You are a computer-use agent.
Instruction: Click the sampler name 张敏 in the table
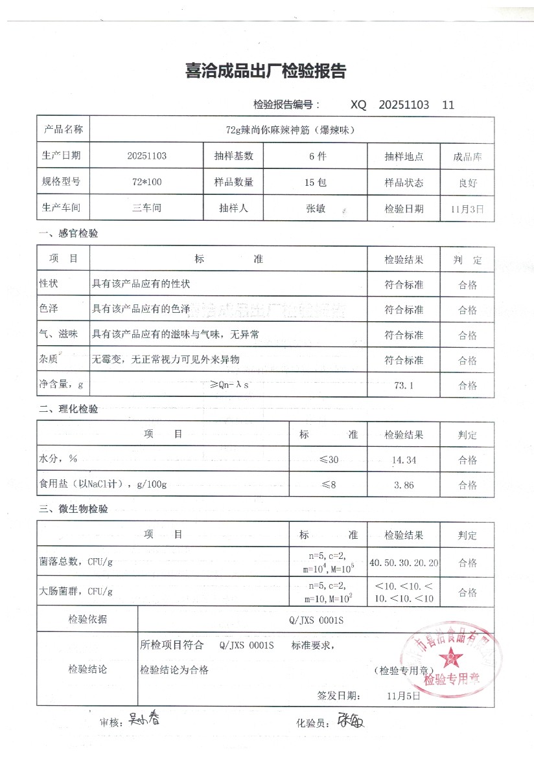tap(316, 209)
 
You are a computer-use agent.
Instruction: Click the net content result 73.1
tap(403, 385)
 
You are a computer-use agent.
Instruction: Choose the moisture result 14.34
tap(403, 460)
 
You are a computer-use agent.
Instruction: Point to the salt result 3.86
tap(403, 485)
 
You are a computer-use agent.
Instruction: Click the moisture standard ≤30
tap(329, 460)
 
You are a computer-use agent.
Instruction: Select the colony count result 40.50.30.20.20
tap(403, 562)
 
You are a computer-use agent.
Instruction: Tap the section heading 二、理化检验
tap(69, 409)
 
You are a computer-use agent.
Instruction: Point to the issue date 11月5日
tap(403, 696)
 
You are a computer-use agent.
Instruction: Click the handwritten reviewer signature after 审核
tap(143, 718)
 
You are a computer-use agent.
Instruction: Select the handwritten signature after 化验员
tap(350, 720)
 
